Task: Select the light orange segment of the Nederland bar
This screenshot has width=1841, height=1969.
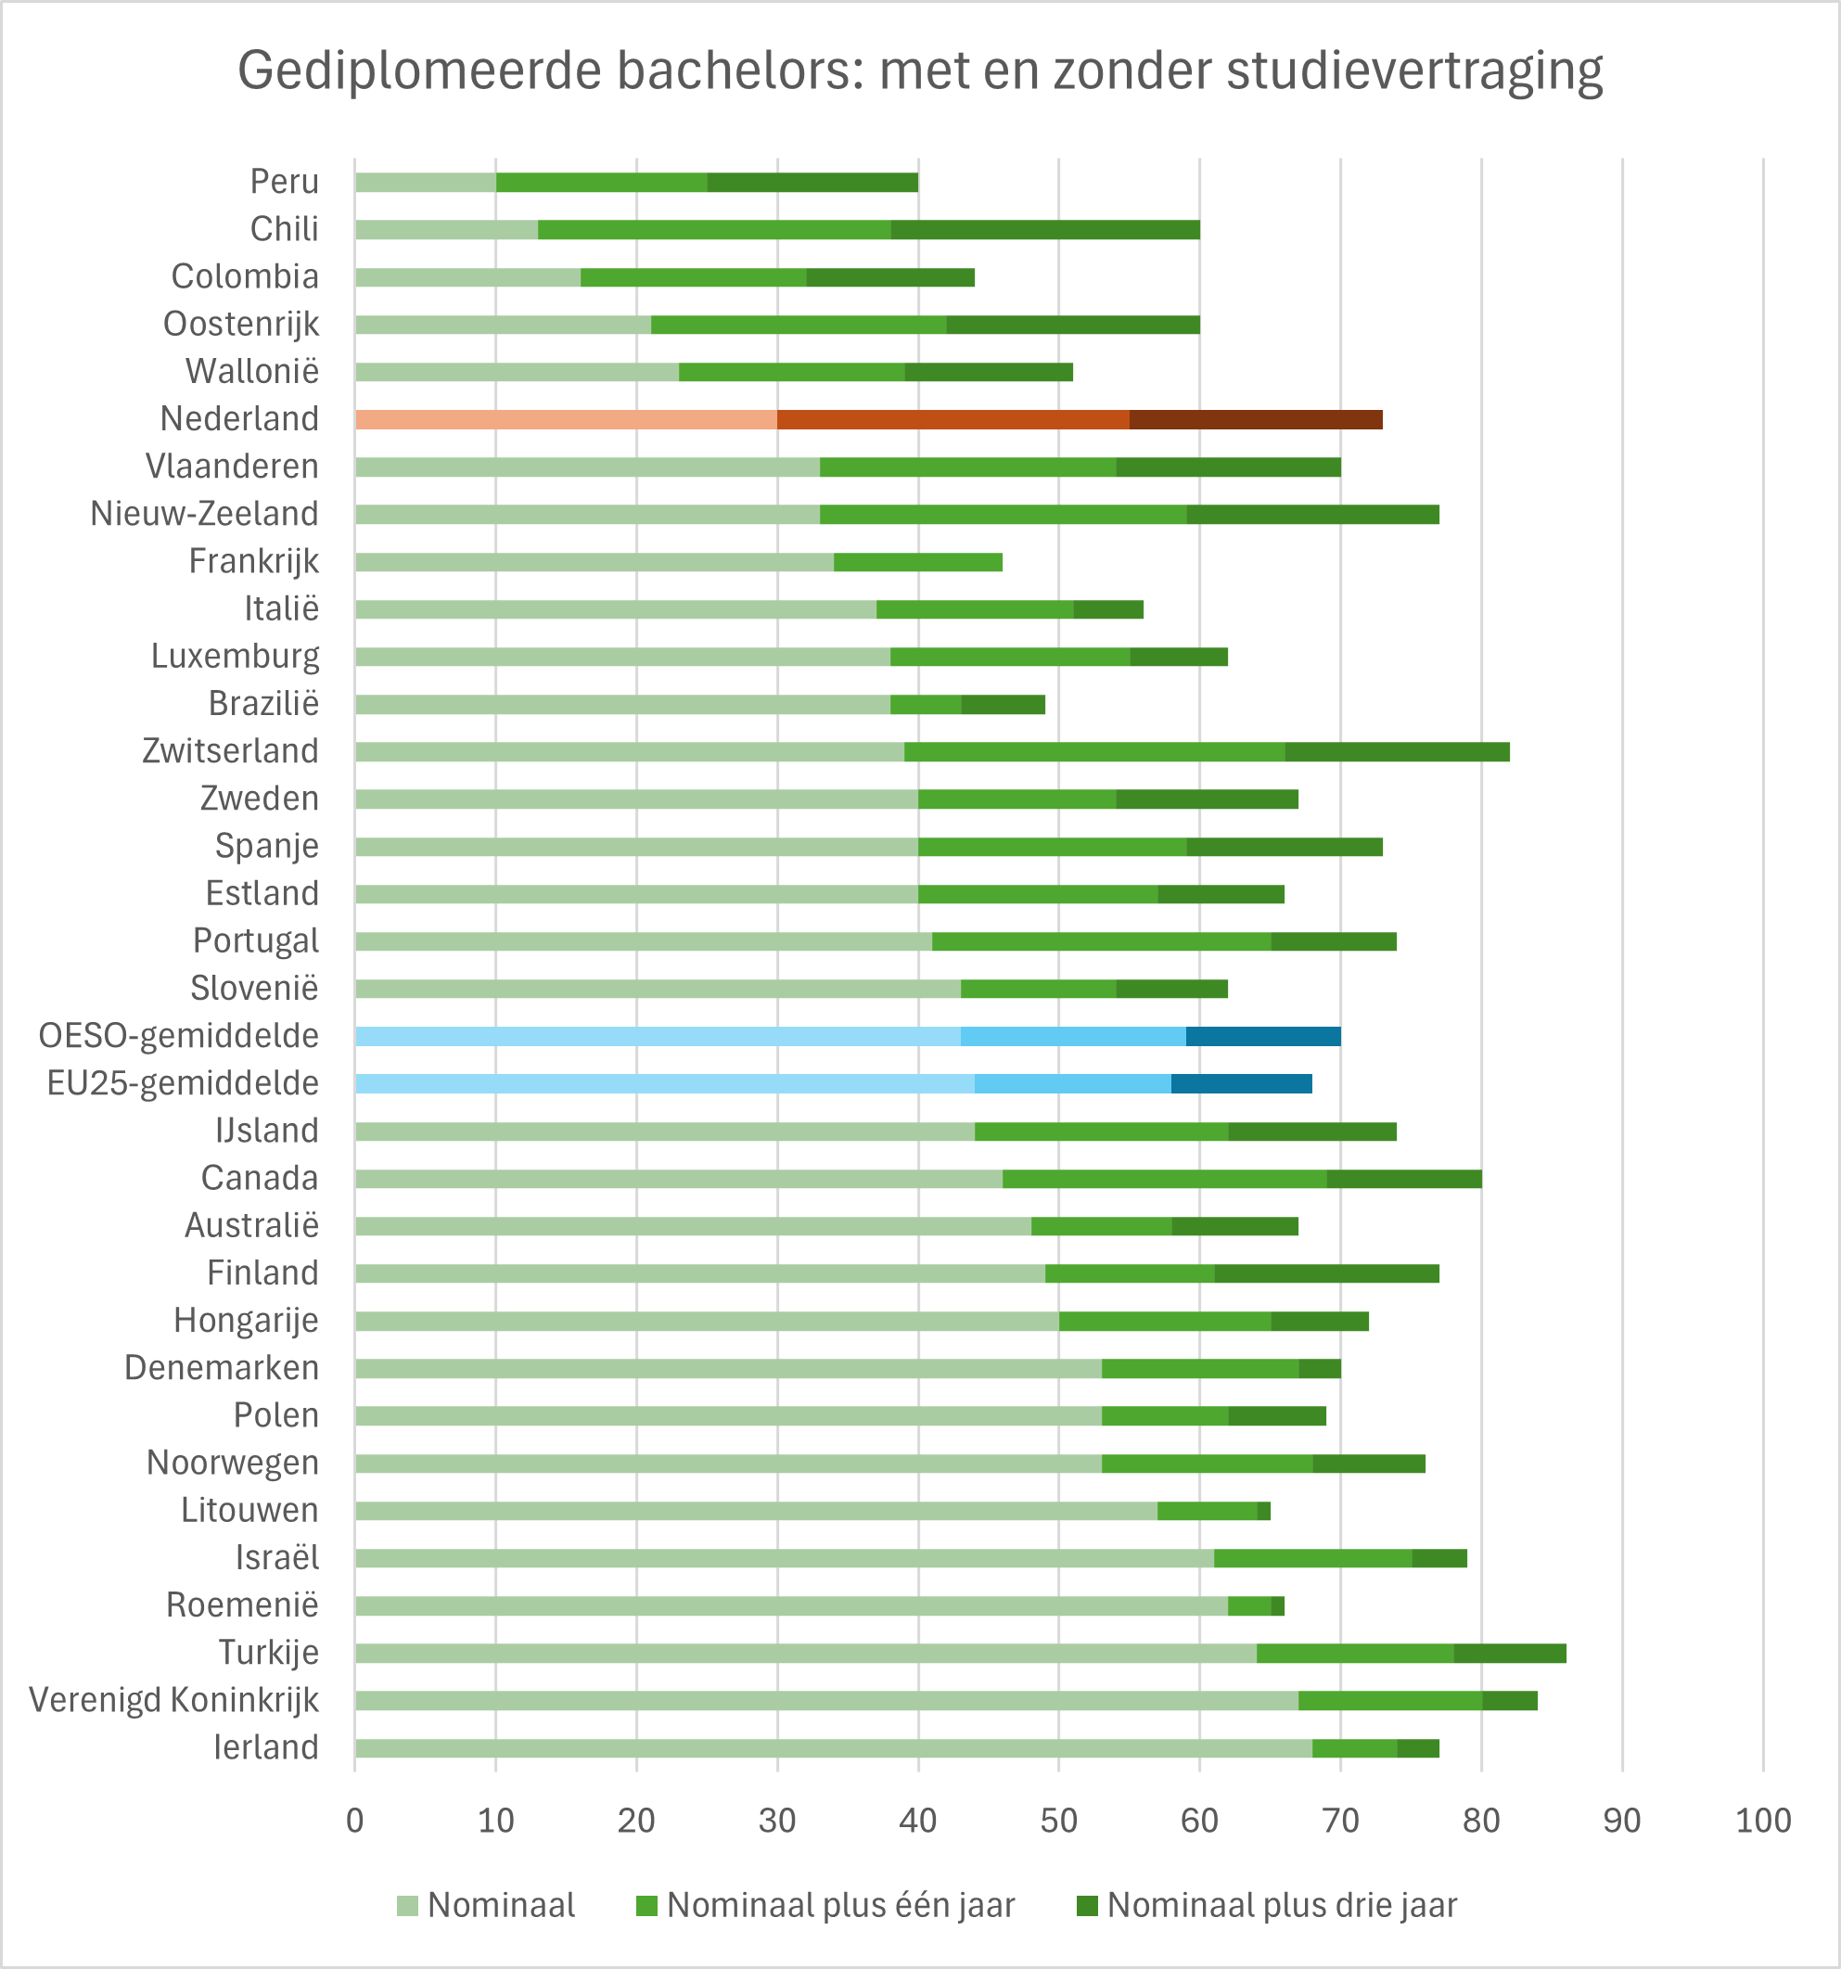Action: pos(566,419)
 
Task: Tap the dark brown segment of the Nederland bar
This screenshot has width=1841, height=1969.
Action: pos(1256,419)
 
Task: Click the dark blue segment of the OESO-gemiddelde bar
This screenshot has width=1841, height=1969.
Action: pos(1262,1036)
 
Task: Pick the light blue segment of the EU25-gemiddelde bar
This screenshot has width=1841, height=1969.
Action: pos(664,1083)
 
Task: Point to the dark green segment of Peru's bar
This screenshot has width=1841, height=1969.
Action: pos(812,182)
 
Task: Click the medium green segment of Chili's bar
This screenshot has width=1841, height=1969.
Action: pos(714,230)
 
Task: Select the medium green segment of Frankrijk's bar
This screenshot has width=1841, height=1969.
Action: pos(918,563)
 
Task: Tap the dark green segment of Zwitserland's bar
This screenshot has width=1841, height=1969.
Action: pos(1398,752)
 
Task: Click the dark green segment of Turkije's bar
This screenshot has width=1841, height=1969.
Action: pos(1510,1653)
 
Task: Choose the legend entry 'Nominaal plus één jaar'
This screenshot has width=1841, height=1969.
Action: pos(826,1905)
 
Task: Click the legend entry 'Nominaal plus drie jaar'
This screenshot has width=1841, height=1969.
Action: pos(1267,1905)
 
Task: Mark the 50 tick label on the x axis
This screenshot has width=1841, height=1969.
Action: pos(1058,1821)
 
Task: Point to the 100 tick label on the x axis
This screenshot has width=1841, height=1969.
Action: pos(1763,1821)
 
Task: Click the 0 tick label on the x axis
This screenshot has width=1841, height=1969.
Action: pos(355,1821)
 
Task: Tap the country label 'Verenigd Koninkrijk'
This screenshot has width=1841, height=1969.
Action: pos(174,1700)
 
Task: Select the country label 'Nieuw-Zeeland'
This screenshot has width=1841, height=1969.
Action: pos(205,514)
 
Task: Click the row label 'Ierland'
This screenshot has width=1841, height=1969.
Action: pos(266,1747)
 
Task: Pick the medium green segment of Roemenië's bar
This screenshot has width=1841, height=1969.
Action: pos(1250,1605)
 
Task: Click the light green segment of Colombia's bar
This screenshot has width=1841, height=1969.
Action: pos(467,277)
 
